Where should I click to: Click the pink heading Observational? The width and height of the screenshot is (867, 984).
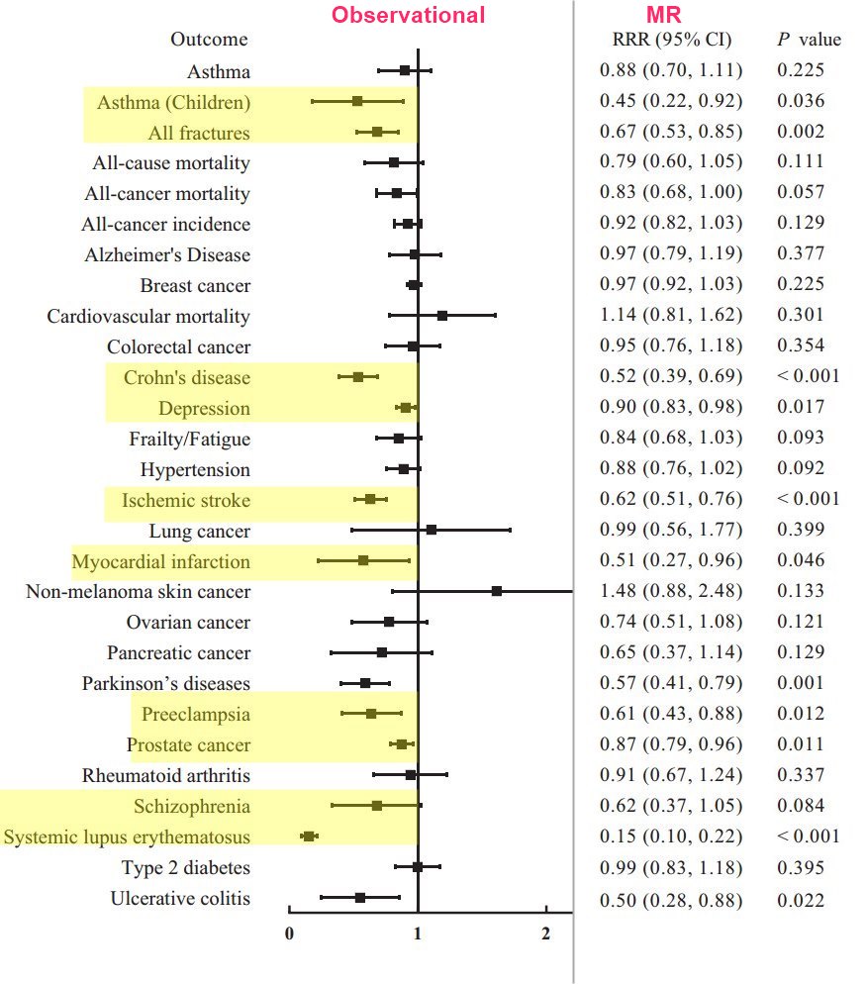408,15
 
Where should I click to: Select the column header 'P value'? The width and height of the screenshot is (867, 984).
809,40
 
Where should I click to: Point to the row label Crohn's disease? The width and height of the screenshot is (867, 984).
187,378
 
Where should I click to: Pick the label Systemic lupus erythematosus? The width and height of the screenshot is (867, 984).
127,837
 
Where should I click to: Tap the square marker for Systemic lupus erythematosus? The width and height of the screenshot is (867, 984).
309,837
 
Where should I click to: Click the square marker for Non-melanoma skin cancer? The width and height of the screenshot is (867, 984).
497,591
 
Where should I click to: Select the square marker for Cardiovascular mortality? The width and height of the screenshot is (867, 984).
442,316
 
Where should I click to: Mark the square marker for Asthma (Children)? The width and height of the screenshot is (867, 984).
357,101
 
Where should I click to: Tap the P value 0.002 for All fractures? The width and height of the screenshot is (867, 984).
800,132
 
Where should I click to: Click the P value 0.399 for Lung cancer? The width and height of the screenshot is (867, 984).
800,531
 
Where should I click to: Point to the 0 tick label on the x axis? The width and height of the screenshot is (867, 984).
289,933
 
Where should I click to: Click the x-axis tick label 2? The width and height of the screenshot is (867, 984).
545,933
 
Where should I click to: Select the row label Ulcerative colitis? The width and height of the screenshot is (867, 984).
180,899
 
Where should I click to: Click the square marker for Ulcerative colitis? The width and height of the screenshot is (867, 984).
360,898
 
